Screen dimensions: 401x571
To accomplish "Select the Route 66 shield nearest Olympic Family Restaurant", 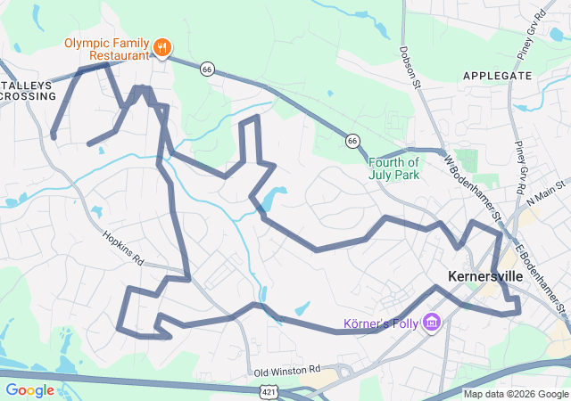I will (207, 69).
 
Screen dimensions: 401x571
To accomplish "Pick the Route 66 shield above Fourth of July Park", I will (352, 141).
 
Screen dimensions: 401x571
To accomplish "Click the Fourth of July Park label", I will (393, 168).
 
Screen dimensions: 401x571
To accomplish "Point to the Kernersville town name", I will (485, 276).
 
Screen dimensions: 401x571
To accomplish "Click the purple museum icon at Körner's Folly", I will (432, 321).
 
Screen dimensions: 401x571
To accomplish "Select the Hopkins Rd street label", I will (123, 249).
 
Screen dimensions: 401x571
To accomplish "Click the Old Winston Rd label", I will (285, 370).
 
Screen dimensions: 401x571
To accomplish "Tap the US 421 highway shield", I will (268, 390).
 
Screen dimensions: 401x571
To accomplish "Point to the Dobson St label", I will (410, 68).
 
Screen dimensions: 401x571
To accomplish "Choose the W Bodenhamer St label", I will (474, 188).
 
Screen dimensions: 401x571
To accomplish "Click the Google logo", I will (29, 389).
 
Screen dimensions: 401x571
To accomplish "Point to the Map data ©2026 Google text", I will (515, 394).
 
